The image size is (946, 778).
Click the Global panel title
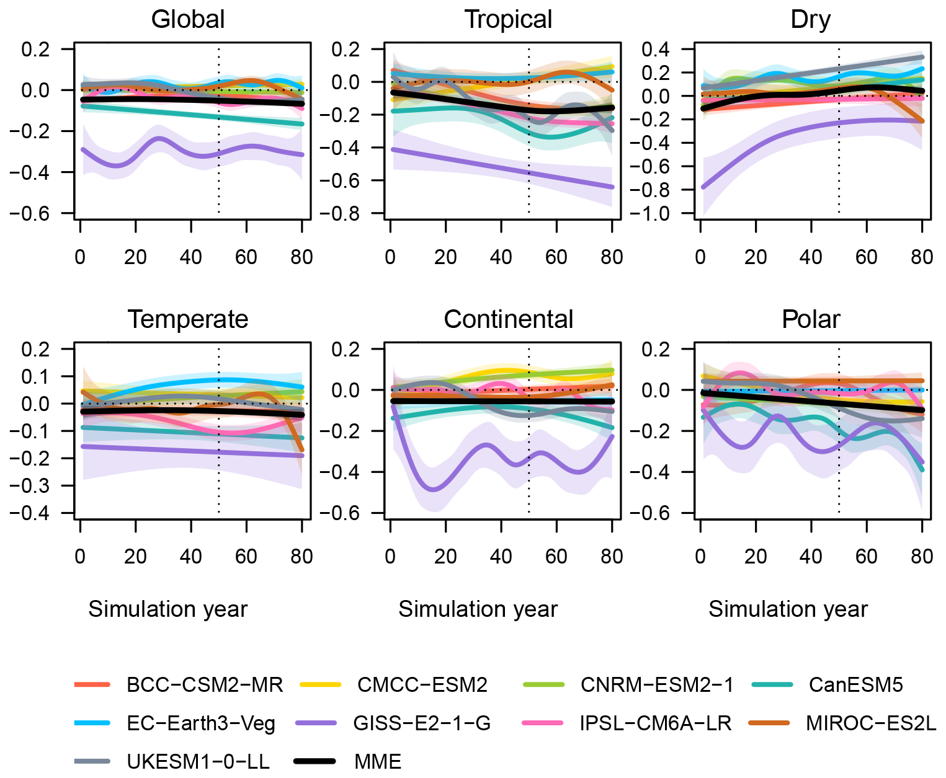188,20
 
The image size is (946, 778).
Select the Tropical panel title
508,20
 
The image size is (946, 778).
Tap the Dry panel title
810,20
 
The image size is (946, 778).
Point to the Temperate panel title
188,319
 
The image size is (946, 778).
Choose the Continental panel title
508,319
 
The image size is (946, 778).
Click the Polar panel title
810,319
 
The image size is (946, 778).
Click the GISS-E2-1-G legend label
422,723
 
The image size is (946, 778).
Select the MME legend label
378,761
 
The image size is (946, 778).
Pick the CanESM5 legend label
855,685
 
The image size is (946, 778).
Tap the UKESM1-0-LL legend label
198,761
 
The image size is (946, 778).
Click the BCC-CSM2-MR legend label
205,685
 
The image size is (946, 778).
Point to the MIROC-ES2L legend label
871,723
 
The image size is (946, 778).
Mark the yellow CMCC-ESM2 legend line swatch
320,685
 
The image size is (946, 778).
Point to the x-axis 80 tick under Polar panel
922,557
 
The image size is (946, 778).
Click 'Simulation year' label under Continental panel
478,609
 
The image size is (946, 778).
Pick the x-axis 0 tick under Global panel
80,257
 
